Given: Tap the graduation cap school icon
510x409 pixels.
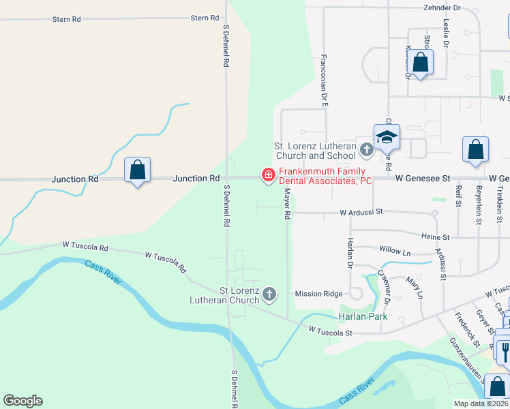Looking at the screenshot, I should (x=387, y=136).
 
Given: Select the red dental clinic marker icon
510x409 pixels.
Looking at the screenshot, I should (x=268, y=176).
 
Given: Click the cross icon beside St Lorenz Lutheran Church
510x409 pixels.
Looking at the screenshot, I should (x=269, y=294).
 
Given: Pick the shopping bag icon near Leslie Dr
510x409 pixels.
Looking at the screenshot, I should (x=421, y=63).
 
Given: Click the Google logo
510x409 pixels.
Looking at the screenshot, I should (x=22, y=401).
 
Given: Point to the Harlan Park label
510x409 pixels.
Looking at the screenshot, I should (x=363, y=316).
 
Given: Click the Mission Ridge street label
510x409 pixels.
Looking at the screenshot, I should (x=318, y=294).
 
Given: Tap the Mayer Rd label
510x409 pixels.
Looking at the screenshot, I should (x=288, y=205).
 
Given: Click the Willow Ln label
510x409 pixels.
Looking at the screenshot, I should (x=395, y=252).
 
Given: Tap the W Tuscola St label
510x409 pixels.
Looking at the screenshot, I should (x=329, y=332).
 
